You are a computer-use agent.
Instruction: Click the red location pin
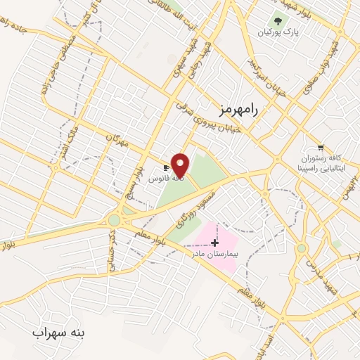pyautogui.click(x=181, y=165)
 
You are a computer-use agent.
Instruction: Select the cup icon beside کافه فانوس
pyautogui.click(x=166, y=168)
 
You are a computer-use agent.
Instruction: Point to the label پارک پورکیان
pyautogui.click(x=274, y=32)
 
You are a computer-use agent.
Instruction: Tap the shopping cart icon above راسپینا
pyautogui.click(x=321, y=147)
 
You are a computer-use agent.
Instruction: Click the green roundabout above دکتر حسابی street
pyautogui.click(x=114, y=220)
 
